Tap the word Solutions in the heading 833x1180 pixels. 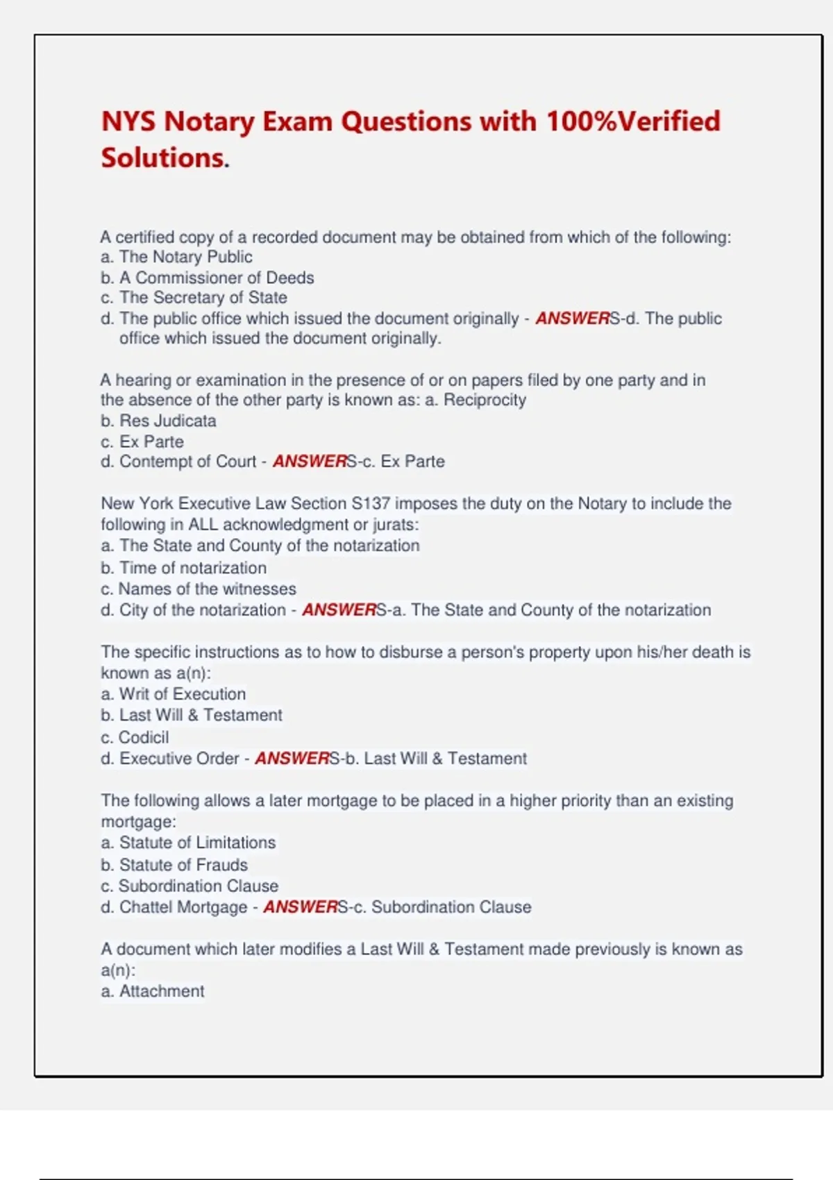(x=163, y=158)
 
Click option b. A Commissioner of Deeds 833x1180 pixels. (x=207, y=278)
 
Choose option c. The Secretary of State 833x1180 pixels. (x=194, y=298)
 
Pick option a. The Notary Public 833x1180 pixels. (x=176, y=257)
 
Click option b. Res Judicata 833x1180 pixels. (x=158, y=421)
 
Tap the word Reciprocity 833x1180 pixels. (x=485, y=400)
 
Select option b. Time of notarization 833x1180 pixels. (x=183, y=568)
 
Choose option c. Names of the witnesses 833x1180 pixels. (x=199, y=589)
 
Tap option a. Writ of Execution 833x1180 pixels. (x=173, y=694)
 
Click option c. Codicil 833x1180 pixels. (x=135, y=737)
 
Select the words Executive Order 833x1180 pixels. (x=179, y=759)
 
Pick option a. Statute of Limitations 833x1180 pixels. (x=188, y=843)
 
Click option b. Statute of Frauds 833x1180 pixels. (x=174, y=865)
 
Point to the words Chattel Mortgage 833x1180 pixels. (x=183, y=907)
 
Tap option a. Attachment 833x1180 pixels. (x=153, y=991)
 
